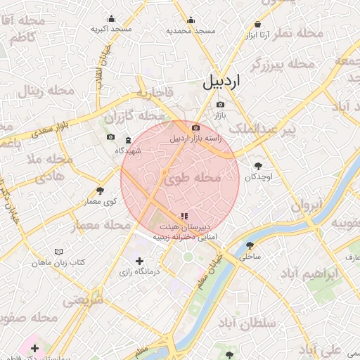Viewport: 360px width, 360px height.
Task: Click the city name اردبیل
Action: (x=221, y=81)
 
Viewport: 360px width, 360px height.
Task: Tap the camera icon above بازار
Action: (x=220, y=104)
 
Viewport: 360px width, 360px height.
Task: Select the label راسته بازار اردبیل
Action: (x=196, y=138)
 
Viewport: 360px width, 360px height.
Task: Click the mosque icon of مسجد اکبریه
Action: (x=111, y=19)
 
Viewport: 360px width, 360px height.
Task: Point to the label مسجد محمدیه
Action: (x=190, y=31)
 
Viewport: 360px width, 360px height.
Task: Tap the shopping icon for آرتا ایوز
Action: (x=258, y=24)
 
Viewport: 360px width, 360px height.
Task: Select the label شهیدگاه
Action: (x=128, y=150)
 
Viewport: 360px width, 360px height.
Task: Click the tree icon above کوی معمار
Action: (x=100, y=191)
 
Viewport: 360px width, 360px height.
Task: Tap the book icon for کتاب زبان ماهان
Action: (x=58, y=251)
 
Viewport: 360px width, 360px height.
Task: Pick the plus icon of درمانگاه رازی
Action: (x=139, y=262)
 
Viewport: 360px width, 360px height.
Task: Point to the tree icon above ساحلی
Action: (x=250, y=245)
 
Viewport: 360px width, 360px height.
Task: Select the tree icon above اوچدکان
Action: (x=259, y=166)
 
